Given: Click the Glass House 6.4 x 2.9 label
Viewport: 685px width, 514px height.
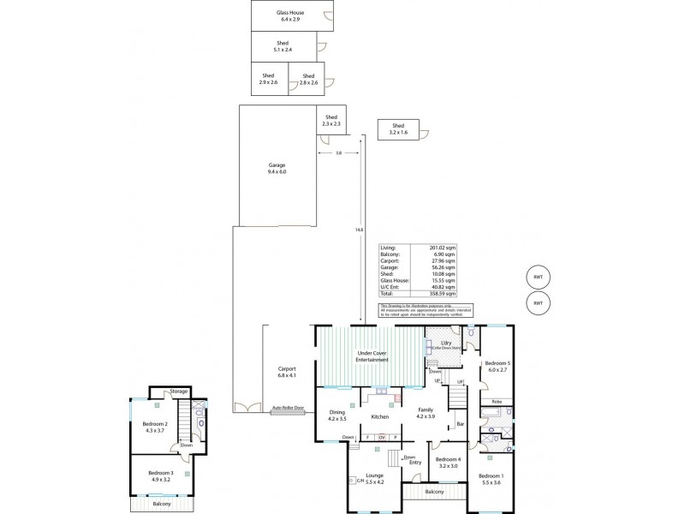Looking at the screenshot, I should pos(289,15).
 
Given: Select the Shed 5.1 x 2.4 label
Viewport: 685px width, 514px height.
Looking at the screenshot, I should pos(283,46).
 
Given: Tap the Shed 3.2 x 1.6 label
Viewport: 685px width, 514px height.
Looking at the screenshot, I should pos(398,129).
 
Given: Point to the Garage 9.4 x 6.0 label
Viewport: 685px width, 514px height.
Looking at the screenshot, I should pos(276,168).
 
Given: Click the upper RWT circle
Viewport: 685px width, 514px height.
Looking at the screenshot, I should pos(538,277).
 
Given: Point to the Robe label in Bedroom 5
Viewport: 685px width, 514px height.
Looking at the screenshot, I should pos(497,401).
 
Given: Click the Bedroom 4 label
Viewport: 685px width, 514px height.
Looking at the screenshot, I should pos(449,463).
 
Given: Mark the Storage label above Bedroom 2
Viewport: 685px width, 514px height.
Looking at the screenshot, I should pos(178,391).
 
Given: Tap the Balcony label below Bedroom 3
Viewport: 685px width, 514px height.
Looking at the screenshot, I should pos(162,504).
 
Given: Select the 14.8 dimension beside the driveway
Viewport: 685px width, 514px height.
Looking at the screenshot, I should pos(358,230).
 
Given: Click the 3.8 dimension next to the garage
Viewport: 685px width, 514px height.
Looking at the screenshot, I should pos(338,153).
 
